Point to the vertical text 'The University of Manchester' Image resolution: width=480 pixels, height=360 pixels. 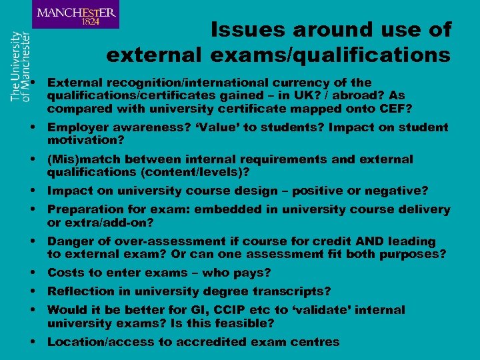[x=20, y=66]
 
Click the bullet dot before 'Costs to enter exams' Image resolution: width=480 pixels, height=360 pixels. [x=33, y=273]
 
